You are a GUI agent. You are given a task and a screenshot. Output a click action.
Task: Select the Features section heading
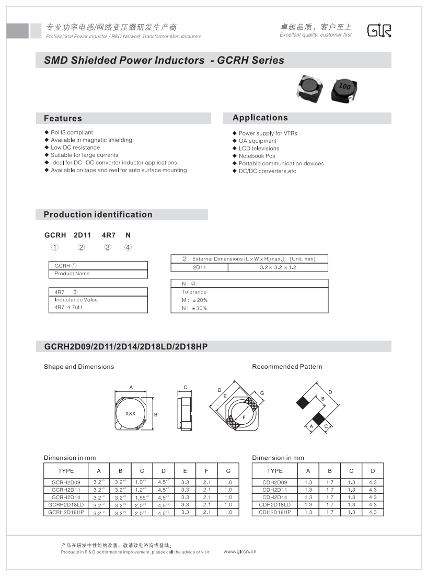click(63, 118)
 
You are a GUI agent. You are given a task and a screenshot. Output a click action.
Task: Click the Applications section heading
click(260, 118)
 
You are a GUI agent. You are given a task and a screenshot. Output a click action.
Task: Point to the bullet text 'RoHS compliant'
click(72, 132)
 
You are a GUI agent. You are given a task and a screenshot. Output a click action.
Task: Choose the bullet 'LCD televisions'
click(259, 149)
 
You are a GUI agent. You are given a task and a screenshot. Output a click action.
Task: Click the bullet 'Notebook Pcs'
click(257, 156)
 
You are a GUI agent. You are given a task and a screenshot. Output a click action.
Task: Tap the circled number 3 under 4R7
click(108, 247)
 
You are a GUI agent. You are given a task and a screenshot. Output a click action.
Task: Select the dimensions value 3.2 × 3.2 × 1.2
click(278, 267)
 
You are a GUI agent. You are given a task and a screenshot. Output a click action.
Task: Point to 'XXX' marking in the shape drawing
click(131, 413)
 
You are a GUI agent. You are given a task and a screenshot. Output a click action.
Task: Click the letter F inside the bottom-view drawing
click(244, 417)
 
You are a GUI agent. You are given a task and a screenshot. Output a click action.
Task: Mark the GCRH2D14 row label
click(66, 497)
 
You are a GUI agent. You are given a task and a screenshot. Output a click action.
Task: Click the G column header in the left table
click(228, 471)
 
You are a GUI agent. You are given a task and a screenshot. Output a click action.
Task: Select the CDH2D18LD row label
click(274, 505)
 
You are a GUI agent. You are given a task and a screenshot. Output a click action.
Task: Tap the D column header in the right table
click(373, 471)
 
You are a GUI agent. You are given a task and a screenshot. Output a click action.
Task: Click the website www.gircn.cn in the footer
click(240, 551)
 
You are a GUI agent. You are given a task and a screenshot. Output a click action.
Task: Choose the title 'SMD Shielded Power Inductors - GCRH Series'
click(164, 60)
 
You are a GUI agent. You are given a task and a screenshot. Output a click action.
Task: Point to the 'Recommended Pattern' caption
click(287, 367)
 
